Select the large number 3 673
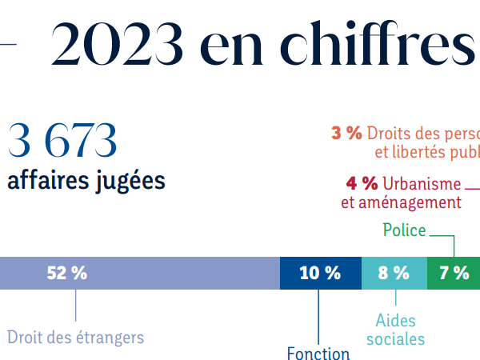(x=62, y=140)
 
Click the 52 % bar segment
(x=140, y=273)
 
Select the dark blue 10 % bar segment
(x=320, y=273)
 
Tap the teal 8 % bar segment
(x=394, y=273)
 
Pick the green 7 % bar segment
(x=454, y=273)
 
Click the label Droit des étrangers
(x=76, y=337)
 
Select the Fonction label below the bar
(x=318, y=354)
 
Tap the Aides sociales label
(x=396, y=330)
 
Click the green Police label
(x=404, y=230)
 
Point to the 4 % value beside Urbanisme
(x=362, y=182)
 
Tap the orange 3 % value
(x=346, y=133)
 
